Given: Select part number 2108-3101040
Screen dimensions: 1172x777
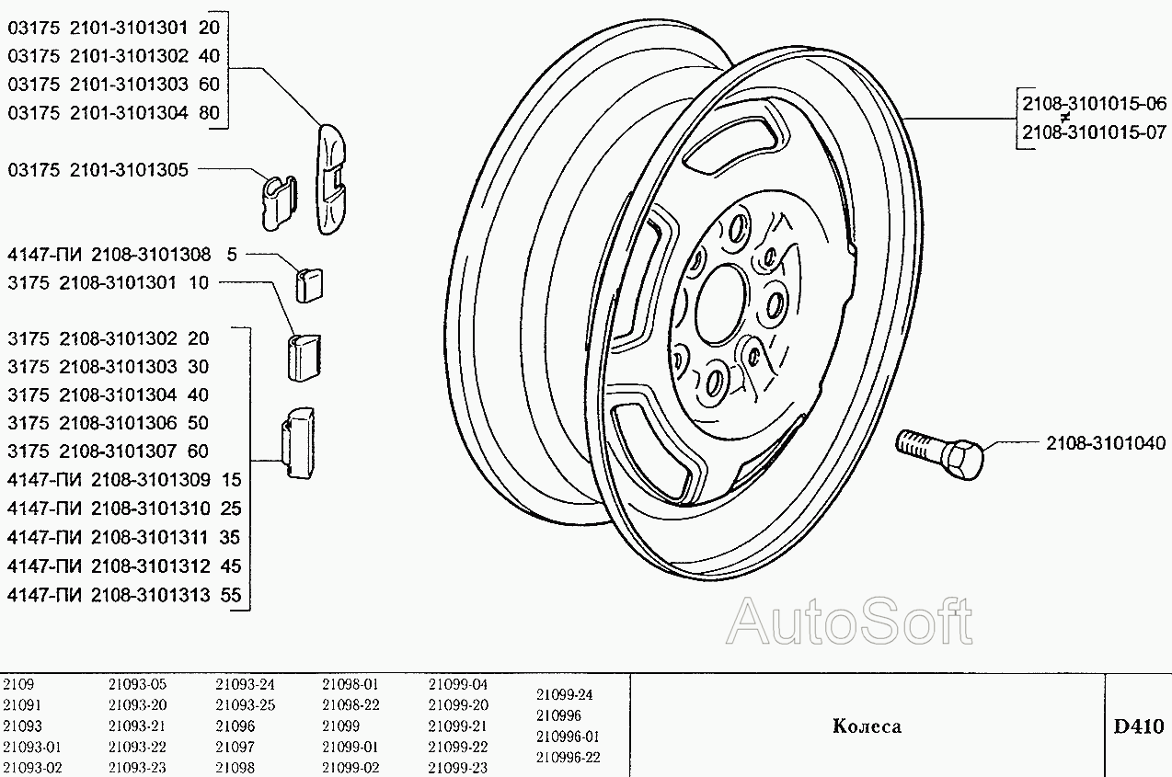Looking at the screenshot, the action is tap(1106, 443).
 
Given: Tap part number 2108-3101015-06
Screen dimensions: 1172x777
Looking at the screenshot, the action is tap(1094, 104).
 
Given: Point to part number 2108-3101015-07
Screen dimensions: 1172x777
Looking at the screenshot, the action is tap(1094, 132).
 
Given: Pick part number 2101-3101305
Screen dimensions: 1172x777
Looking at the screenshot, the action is tap(129, 170).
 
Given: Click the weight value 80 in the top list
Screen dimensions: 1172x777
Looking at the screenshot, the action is tap(210, 112).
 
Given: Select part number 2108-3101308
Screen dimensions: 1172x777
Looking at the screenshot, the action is tap(151, 255).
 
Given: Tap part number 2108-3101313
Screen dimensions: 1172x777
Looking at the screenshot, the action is tap(151, 595).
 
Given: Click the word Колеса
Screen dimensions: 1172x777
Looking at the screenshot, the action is tap(867, 726).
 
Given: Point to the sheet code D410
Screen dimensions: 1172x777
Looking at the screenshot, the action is tap(1139, 726).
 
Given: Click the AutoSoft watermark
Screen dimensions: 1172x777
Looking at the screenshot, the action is tap(849, 622).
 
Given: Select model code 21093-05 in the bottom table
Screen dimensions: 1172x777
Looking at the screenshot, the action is tap(137, 684).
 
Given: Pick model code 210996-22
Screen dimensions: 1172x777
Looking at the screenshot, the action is tap(568, 757).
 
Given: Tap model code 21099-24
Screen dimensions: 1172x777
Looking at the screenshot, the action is tap(564, 694).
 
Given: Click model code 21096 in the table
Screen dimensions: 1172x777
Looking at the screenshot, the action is tap(235, 726).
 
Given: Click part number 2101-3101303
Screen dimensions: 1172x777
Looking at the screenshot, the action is tap(129, 85).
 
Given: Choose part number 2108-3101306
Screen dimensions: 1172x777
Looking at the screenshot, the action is tap(119, 423).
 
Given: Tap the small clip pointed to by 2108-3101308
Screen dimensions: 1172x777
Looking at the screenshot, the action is tap(309, 285).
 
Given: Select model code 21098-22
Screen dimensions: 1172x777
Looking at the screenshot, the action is tap(350, 705).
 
